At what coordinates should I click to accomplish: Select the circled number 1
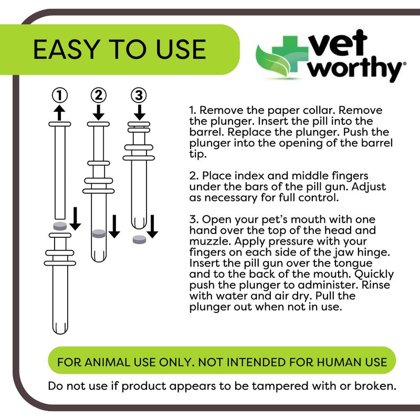coord(60,96)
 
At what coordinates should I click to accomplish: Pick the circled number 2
coord(98,96)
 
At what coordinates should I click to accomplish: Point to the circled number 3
coord(139,96)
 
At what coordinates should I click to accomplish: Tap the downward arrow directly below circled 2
coord(98,111)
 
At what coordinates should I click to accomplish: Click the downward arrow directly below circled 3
coord(139,111)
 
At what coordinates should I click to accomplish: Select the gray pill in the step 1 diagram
coord(60,225)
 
